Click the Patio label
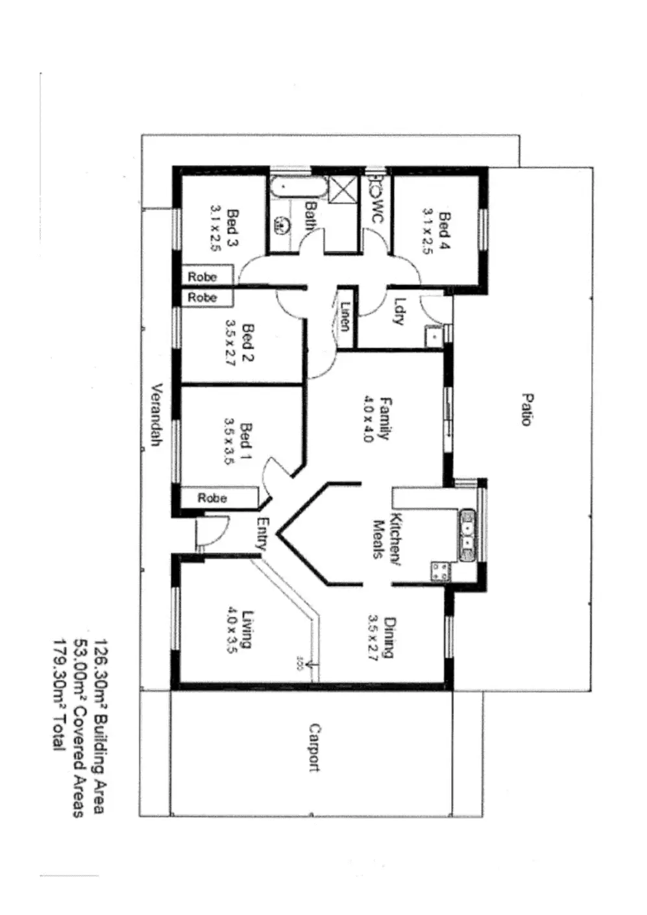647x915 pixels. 526,409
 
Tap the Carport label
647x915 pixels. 314,748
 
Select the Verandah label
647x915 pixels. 156,415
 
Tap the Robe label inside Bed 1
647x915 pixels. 212,498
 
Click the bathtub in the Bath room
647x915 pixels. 300,188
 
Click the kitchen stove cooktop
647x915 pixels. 440,571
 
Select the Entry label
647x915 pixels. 262,534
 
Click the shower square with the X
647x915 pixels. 342,190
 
